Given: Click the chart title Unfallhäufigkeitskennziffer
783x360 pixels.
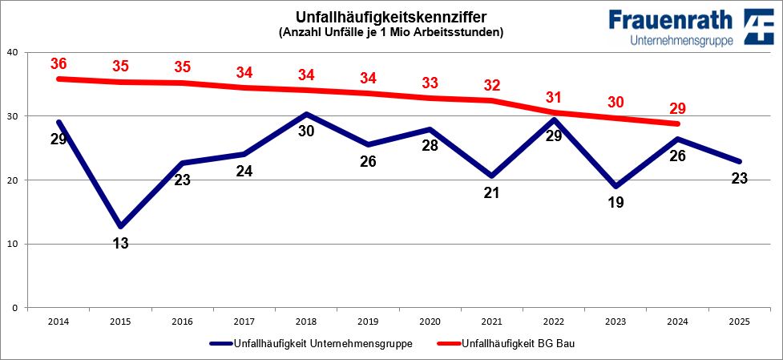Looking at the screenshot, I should tap(391, 18).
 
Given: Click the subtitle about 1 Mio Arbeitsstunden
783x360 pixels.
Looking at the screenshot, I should tap(391, 33).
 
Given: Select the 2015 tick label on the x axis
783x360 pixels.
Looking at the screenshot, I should tap(119, 322).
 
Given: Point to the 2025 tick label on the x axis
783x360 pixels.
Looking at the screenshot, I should tap(739, 322).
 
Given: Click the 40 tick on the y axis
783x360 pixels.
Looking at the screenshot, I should tap(13, 53).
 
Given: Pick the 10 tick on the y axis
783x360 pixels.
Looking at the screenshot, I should tap(13, 244).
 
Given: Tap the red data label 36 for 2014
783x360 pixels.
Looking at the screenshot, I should tap(58, 63).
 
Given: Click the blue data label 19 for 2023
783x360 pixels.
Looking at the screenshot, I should tap(615, 203).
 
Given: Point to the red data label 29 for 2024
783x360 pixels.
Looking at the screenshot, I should tap(677, 108).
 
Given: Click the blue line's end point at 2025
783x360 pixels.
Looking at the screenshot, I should tap(739, 161).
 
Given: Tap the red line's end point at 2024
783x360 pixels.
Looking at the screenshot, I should tap(677, 123).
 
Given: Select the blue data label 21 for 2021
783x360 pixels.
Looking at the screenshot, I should tap(490, 193).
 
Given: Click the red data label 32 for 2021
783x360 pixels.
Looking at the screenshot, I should tap(490, 85).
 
